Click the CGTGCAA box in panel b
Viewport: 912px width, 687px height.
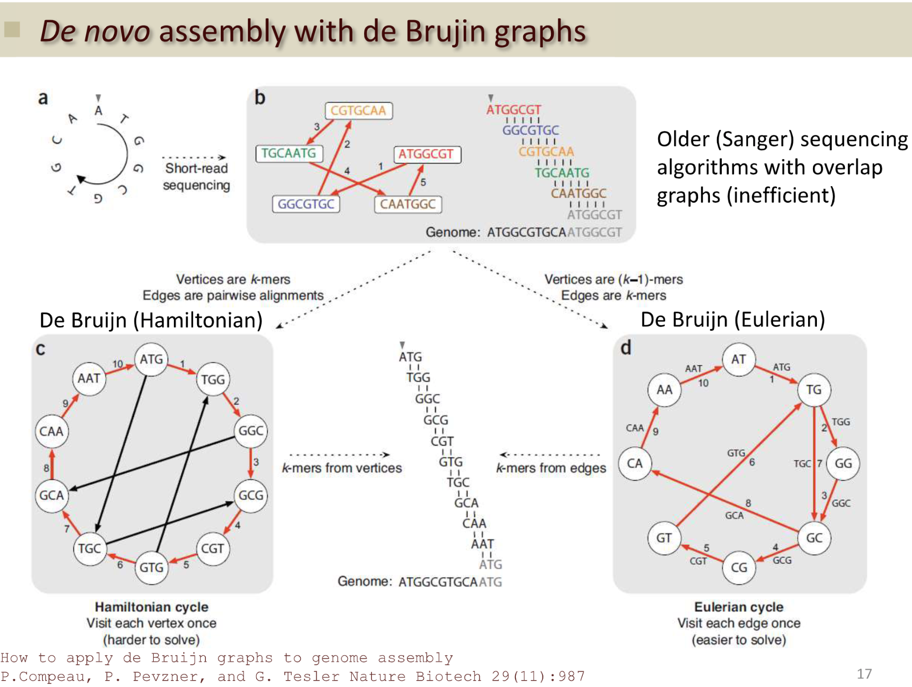click(358, 110)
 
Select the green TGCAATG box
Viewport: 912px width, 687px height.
click(289, 153)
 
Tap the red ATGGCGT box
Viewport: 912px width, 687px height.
click(426, 154)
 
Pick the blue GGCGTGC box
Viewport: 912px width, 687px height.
click(306, 204)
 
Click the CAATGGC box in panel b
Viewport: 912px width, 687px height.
click(408, 204)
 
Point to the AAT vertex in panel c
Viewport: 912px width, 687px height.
click(89, 378)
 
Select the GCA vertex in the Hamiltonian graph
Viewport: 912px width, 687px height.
click(51, 495)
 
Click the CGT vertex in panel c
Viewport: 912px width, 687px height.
click(213, 549)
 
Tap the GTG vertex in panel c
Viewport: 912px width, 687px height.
click(151, 567)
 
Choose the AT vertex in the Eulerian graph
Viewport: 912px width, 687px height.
click(738, 360)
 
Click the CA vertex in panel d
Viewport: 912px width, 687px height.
click(635, 463)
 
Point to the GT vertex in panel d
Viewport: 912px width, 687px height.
click(664, 538)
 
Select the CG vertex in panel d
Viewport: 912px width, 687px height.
click(739, 567)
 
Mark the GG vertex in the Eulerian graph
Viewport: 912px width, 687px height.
click(843, 463)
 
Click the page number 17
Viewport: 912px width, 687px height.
click(864, 674)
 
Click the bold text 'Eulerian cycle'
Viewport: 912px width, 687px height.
click(739, 607)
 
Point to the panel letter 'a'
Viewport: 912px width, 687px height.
click(43, 98)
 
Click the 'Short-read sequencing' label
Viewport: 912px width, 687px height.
click(197, 176)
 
